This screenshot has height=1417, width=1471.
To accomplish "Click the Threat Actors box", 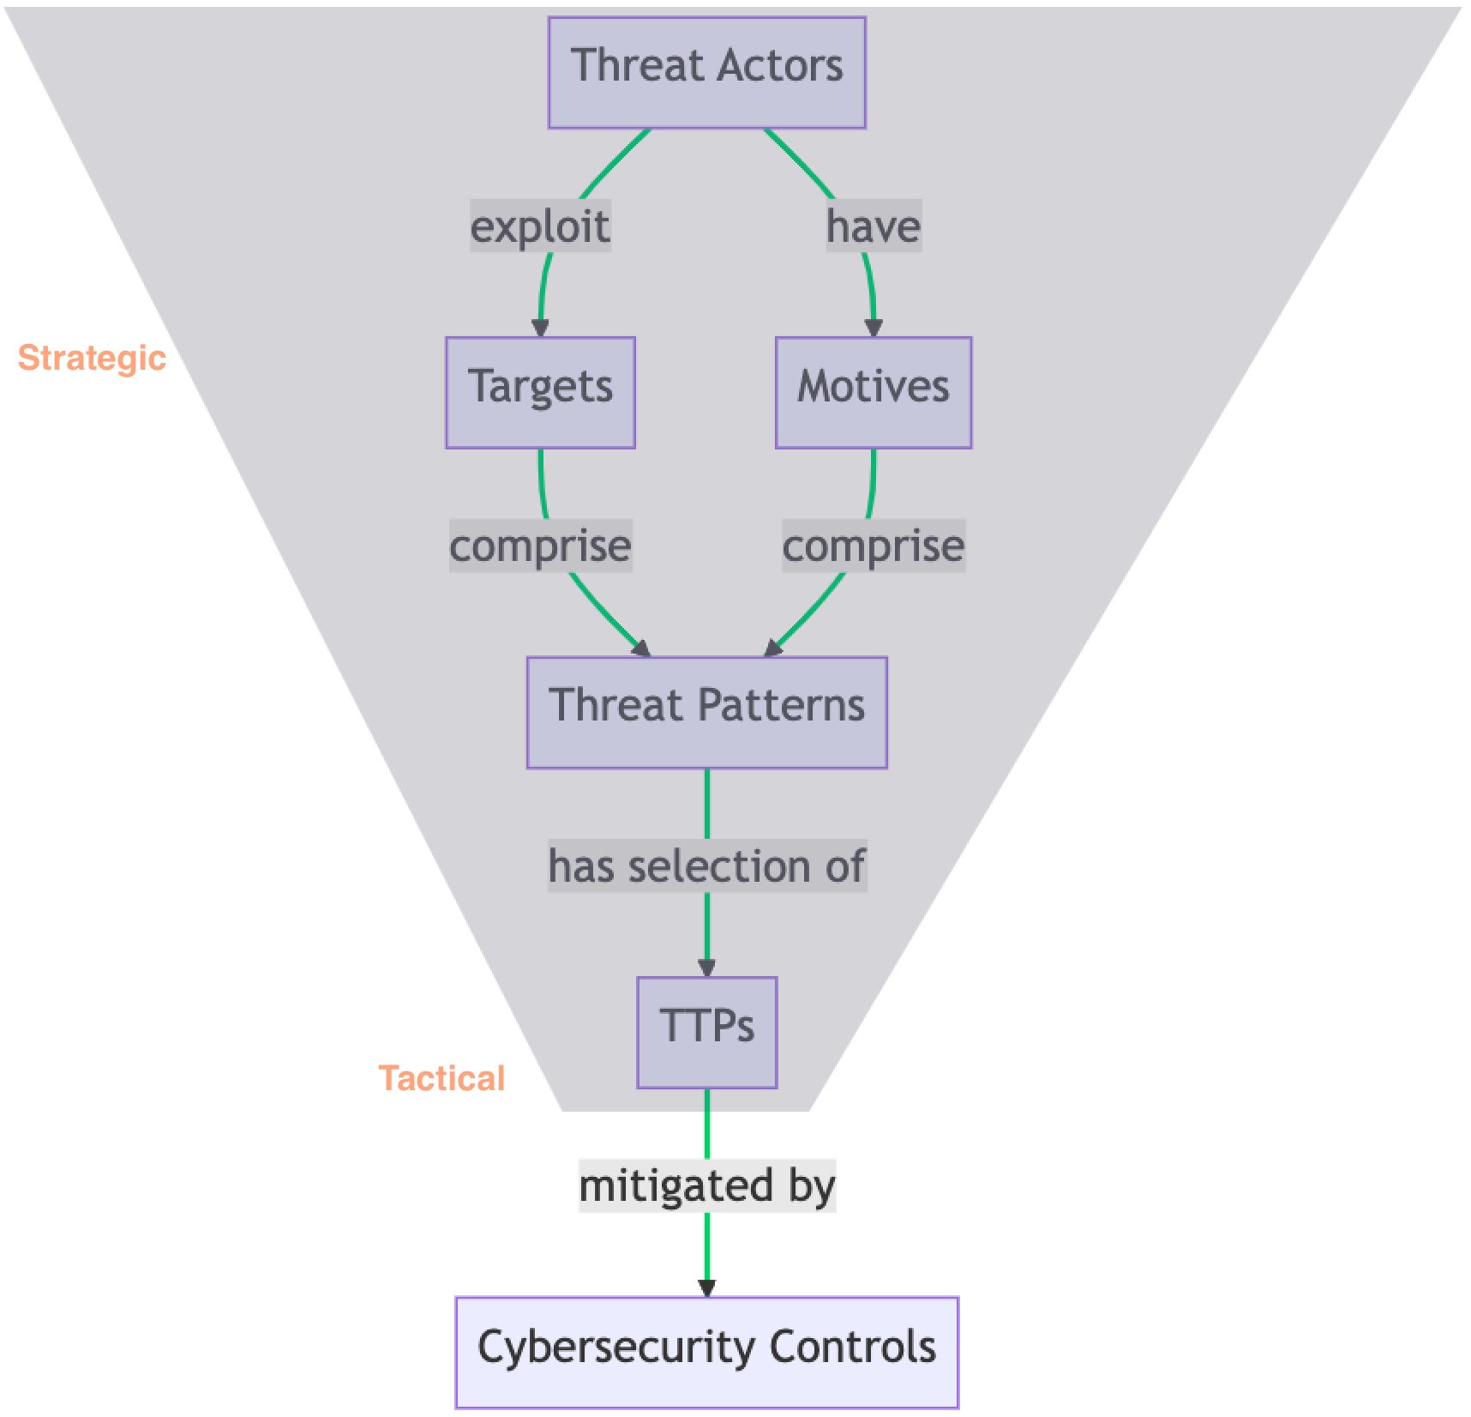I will (706, 73).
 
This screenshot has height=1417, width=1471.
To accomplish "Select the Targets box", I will (540, 392).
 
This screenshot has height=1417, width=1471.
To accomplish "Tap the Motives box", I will (873, 392).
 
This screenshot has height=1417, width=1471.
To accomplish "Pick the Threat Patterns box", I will (706, 712).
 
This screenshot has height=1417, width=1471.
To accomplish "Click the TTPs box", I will (706, 1032).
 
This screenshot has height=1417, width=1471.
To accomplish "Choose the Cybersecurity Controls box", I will (706, 1352).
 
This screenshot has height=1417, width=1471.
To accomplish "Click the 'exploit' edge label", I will (540, 226).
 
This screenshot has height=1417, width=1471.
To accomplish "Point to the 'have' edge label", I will (873, 226).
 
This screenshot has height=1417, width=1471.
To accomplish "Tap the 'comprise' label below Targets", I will (540, 546).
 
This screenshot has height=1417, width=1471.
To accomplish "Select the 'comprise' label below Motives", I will (873, 546).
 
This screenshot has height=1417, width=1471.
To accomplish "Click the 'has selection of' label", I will (706, 866).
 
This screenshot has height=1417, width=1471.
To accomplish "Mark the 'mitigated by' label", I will (706, 1186).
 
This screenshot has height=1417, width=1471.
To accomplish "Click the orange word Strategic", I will (92, 358).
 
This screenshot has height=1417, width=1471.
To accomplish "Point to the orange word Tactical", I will (441, 1078).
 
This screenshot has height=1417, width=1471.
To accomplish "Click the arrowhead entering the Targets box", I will (540, 328).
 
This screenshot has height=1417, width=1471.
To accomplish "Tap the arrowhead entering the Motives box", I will (873, 328).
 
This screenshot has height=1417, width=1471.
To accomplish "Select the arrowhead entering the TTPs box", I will (706, 968).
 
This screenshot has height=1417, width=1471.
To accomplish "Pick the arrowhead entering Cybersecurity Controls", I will (706, 1287).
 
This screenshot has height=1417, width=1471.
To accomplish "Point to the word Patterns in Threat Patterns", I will (781, 705).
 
